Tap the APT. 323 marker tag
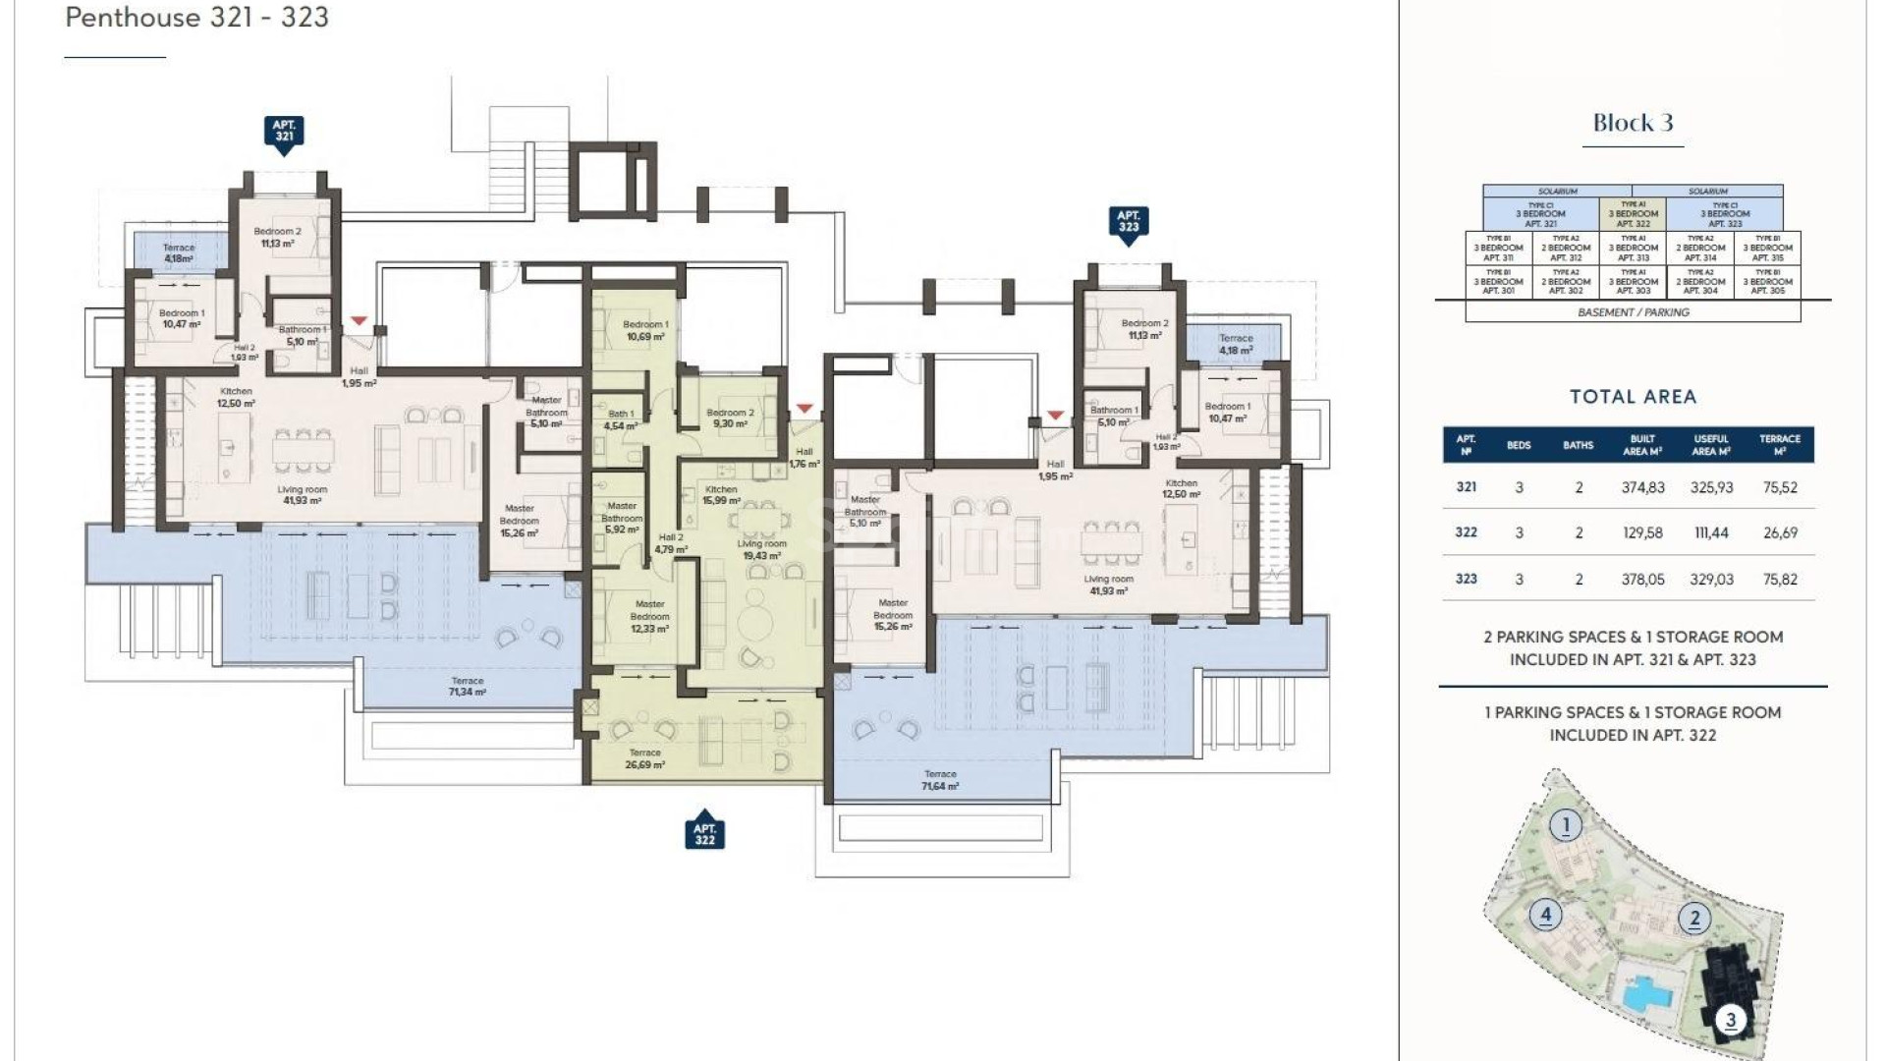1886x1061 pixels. click(x=1128, y=222)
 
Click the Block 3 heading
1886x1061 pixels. click(x=1633, y=124)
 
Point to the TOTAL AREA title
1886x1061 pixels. click(x=1633, y=397)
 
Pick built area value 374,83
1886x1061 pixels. click(x=1642, y=487)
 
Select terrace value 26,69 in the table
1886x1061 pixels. click(x=1780, y=532)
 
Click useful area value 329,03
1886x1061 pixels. click(x=1711, y=580)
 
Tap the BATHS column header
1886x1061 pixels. click(x=1578, y=445)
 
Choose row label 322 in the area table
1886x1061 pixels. click(x=1466, y=532)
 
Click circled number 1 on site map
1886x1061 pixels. click(x=1566, y=825)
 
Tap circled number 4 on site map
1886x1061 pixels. click(x=1545, y=916)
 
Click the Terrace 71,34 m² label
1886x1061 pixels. click(x=468, y=686)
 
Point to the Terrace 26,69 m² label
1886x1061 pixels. click(x=644, y=758)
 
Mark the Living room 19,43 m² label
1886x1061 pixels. click(x=761, y=549)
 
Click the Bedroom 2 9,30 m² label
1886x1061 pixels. click(x=730, y=419)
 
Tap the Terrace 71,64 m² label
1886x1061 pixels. click(x=939, y=780)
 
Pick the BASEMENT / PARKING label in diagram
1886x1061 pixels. click(x=1633, y=312)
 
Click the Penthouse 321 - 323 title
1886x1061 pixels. click(x=196, y=18)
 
